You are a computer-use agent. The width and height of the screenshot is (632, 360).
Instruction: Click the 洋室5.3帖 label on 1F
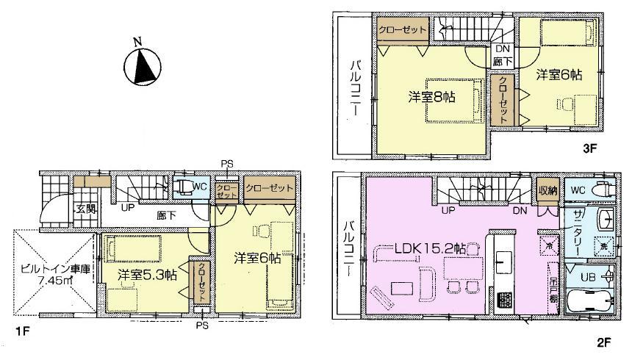click(x=147, y=275)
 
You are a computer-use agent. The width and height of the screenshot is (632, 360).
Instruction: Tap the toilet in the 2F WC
click(x=603, y=189)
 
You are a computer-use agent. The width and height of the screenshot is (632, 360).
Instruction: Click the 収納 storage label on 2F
click(x=546, y=189)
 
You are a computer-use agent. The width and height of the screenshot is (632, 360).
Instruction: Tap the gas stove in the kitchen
click(x=503, y=300)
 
